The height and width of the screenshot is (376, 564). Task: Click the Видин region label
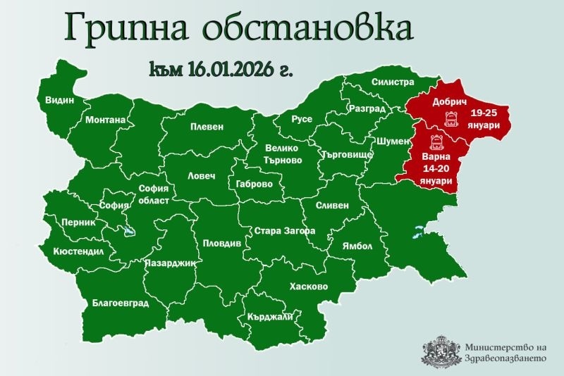pyautogui.click(x=59, y=100)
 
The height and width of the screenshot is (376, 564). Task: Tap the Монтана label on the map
pyautogui.click(x=105, y=120)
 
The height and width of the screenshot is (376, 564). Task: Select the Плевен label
pyautogui.click(x=207, y=127)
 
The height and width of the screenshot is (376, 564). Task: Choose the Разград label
pyautogui.click(x=367, y=109)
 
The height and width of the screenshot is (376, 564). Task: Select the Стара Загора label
pyautogui.click(x=284, y=230)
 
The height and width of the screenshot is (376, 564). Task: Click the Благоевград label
pyautogui.click(x=121, y=303)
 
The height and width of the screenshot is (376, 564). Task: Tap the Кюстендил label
pyautogui.click(x=78, y=251)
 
